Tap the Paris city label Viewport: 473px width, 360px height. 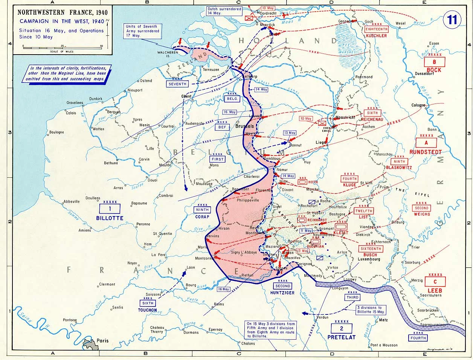pyautogui.click(x=102, y=341)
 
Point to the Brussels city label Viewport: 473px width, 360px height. pyautogui.click(x=244, y=127)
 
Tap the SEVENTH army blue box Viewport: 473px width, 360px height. pyautogui.click(x=177, y=84)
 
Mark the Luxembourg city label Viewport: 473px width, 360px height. pyautogui.click(x=369, y=259)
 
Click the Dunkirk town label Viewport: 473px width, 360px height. pyautogui.click(x=96, y=99)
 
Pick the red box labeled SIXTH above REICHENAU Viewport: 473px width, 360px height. pyautogui.click(x=372, y=113)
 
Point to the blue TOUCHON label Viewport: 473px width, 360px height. pyautogui.click(x=148, y=310)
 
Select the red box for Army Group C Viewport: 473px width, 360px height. pyautogui.click(x=435, y=281)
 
